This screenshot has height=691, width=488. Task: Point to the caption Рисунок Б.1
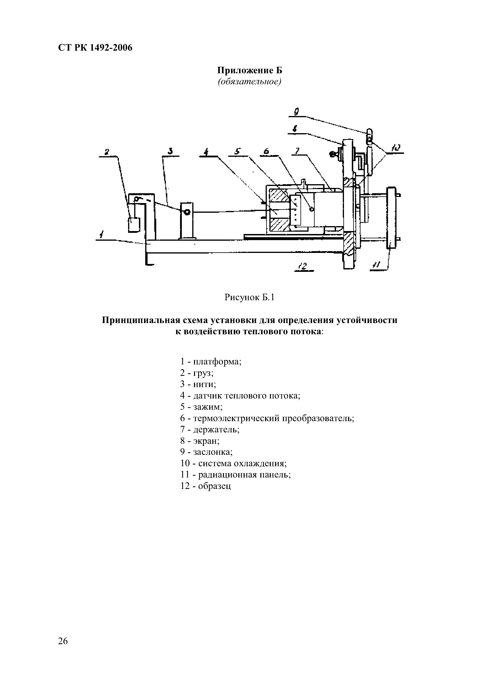[250, 297]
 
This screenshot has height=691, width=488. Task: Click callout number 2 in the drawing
[106, 152]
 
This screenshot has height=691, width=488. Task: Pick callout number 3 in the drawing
[170, 151]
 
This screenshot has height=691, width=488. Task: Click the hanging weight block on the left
[134, 225]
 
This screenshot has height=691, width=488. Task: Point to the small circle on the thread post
[187, 212]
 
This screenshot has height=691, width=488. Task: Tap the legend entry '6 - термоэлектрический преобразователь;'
[267, 418]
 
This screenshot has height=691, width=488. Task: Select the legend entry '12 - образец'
[206, 486]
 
